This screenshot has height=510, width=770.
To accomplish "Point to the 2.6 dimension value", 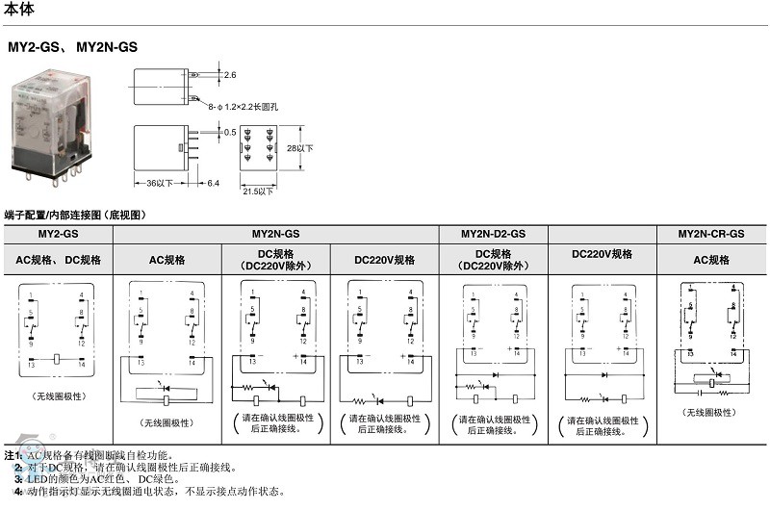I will [x=229, y=74].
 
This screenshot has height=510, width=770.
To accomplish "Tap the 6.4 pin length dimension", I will [x=212, y=183].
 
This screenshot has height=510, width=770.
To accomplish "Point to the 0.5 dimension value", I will [x=230, y=132].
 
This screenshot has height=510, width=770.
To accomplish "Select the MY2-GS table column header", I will [x=58, y=234].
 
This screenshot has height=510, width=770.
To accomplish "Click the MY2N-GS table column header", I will [x=276, y=234].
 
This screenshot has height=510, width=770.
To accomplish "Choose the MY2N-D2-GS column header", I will [x=493, y=234].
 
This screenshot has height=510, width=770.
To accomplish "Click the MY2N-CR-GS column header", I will [x=710, y=234].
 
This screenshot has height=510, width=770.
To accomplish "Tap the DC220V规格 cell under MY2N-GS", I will [x=384, y=260].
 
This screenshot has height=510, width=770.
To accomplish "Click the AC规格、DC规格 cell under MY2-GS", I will [x=58, y=260].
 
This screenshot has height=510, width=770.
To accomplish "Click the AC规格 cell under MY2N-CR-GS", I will [x=711, y=260].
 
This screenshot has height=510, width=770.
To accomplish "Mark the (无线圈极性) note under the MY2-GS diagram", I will [x=58, y=396].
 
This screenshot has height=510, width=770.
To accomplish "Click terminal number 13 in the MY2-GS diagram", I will [x=32, y=365].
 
